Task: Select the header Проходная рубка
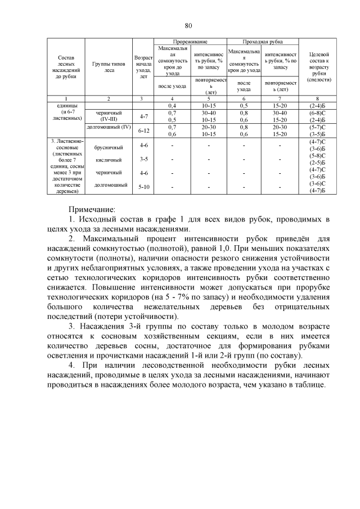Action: click(262, 42)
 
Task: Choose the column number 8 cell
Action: click(318, 99)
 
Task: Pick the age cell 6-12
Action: click(143, 130)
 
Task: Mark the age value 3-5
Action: click(143, 160)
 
